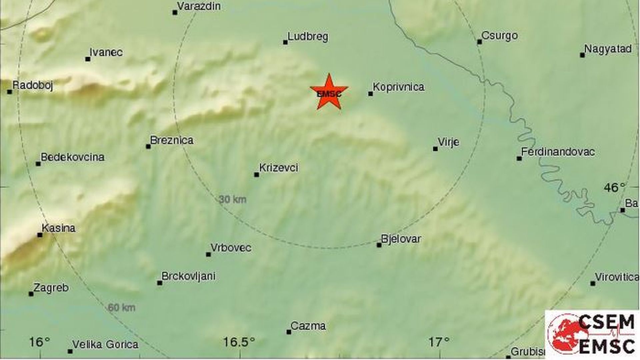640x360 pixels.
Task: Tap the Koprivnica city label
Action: click(398, 87)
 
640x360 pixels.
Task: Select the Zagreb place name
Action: click(51, 287)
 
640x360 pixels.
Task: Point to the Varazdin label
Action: click(199, 6)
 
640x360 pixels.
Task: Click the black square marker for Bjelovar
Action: click(379, 245)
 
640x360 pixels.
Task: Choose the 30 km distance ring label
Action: click(233, 199)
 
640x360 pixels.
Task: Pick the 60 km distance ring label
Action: click(121, 307)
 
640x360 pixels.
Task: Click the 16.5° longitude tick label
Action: click(239, 342)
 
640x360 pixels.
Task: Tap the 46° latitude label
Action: click(614, 188)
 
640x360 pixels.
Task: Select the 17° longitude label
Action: click(439, 342)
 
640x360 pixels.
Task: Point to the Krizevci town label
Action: click(279, 167)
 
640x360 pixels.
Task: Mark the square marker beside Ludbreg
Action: click(285, 42)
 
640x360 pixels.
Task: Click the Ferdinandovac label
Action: click(558, 152)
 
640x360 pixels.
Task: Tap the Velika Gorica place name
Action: click(105, 344)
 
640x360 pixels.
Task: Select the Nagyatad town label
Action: click(608, 49)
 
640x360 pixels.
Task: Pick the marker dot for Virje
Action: click(435, 149)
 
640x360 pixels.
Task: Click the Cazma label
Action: click(308, 326)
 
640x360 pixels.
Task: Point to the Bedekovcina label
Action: click(72, 157)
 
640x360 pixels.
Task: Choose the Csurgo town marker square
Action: click(479, 42)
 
